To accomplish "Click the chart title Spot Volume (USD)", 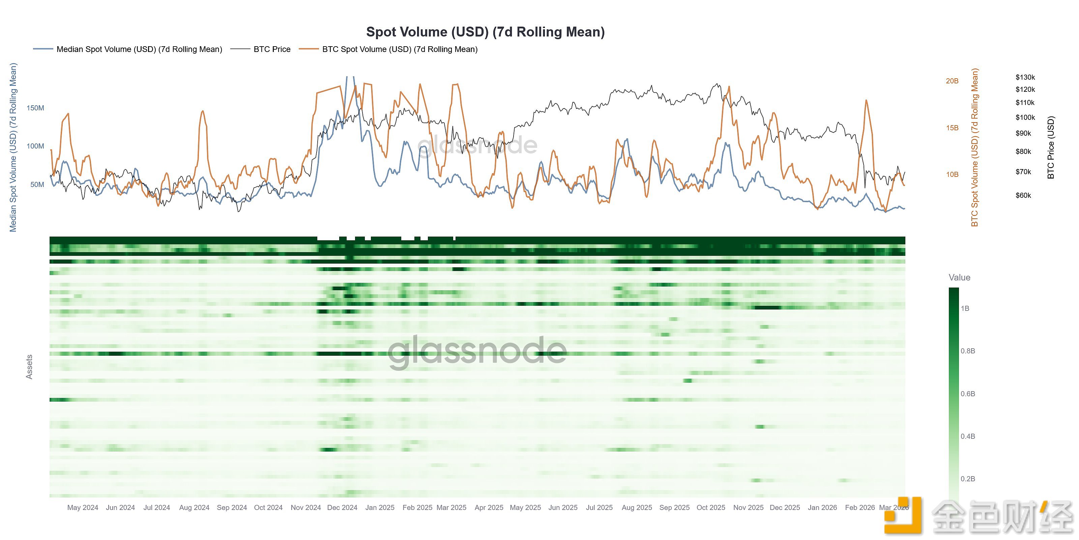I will click(485, 32).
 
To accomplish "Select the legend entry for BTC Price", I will click(272, 49).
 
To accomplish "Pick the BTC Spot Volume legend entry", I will click(400, 49).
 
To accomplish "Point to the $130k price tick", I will click(1025, 77).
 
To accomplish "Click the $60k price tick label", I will click(1023, 195).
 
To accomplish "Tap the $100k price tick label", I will click(1025, 117).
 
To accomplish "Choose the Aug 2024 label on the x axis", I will click(194, 507).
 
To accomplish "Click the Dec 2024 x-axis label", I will click(342, 507).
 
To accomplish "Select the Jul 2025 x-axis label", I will click(599, 507).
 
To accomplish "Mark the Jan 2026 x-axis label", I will click(822, 507).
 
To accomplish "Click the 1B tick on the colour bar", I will click(965, 308).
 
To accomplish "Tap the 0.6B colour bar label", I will click(968, 394).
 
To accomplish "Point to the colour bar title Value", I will click(959, 277).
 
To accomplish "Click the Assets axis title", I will click(29, 367).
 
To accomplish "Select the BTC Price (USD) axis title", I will click(1051, 147).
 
